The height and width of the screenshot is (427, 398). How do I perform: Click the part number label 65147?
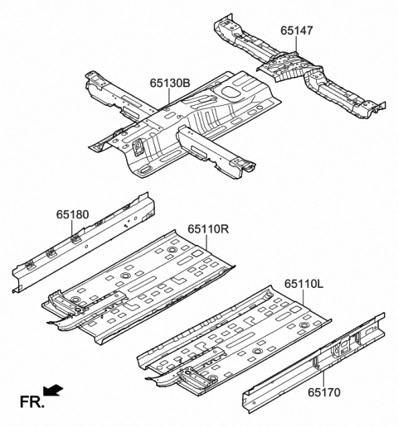[x=297, y=31]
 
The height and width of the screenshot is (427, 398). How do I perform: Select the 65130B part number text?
[x=170, y=84]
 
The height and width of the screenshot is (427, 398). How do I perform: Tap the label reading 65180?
[x=72, y=214]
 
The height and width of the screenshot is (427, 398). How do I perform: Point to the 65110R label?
[x=208, y=229]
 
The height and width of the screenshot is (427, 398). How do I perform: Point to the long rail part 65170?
[x=323, y=356]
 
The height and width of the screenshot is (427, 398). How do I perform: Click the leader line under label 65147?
[x=289, y=46]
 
